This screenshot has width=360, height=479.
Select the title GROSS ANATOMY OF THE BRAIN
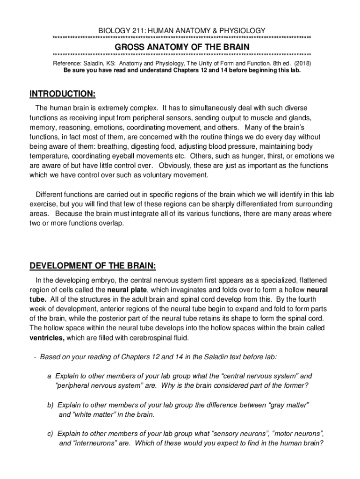[182, 47]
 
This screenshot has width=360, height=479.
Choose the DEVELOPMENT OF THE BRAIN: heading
[93, 266]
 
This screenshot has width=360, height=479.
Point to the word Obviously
[177, 166]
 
